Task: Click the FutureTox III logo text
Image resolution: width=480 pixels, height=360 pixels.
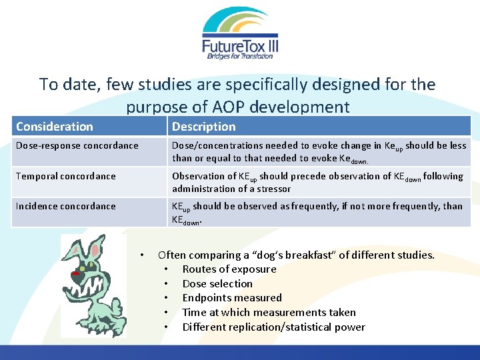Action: click(239, 45)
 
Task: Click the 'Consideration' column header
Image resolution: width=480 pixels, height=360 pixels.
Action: click(55, 126)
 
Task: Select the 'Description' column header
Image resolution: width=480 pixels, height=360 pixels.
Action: click(204, 126)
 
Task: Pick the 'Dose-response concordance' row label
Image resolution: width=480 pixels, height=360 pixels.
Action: click(77, 145)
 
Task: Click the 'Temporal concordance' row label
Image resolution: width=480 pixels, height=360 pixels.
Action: click(66, 176)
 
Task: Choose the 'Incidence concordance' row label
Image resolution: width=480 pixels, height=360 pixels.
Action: click(66, 206)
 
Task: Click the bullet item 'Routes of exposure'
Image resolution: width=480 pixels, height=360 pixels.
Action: click(229, 269)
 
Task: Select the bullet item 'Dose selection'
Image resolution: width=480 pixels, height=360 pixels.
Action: click(217, 283)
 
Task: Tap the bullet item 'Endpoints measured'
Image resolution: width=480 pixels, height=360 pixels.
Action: click(232, 298)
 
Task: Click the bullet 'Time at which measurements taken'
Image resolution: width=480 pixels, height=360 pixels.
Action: click(269, 312)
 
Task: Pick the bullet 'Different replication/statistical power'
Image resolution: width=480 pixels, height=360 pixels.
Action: click(273, 327)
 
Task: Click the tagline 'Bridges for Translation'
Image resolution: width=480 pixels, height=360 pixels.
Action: click(239, 56)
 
